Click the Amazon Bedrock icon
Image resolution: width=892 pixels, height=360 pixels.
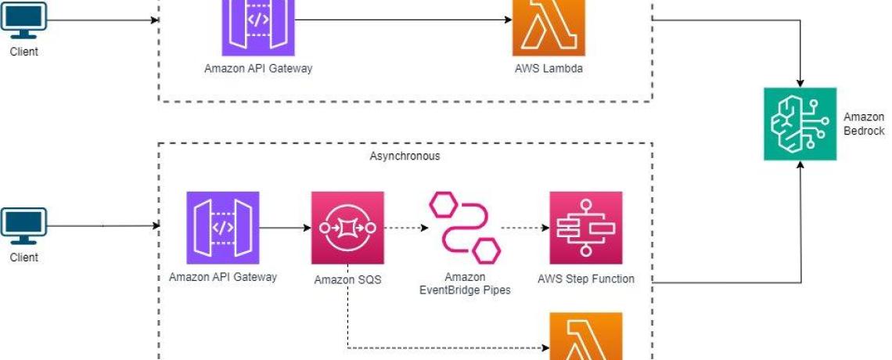point(800,124)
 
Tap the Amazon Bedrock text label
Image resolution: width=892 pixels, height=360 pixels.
point(863,124)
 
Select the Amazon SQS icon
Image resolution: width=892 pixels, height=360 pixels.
point(347,228)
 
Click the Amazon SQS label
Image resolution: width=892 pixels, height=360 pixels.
point(347,279)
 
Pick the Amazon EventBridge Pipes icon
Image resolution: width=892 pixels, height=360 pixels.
point(465,227)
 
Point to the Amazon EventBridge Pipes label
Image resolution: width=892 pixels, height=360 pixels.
point(465,283)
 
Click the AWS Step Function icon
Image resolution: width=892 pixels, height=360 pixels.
point(586,228)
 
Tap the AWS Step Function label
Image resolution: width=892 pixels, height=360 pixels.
point(586,279)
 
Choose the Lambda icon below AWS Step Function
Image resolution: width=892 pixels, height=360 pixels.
point(586,338)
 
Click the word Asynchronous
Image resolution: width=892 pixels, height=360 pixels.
point(405,156)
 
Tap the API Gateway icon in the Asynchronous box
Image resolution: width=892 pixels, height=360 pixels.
point(223,228)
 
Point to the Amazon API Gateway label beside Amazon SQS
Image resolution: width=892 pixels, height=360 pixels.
point(223,277)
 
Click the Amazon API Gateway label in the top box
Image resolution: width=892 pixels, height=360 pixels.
point(258,68)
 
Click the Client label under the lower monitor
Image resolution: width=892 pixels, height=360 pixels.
point(23,257)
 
